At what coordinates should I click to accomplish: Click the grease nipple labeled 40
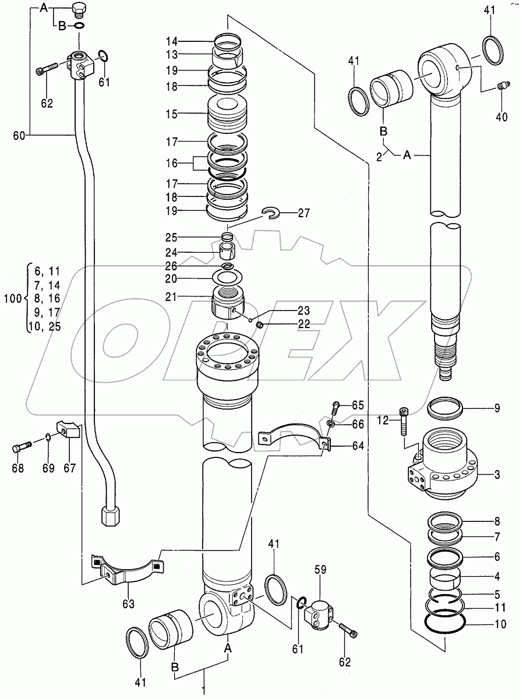point(501,86)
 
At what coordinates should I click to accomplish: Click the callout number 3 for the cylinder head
point(497,475)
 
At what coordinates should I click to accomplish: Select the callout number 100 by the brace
point(12,298)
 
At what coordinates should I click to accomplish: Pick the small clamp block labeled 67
point(68,432)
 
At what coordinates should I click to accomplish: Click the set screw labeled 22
point(261,324)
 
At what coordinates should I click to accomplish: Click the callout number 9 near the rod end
point(497,408)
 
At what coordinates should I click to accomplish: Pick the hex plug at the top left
point(80,10)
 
